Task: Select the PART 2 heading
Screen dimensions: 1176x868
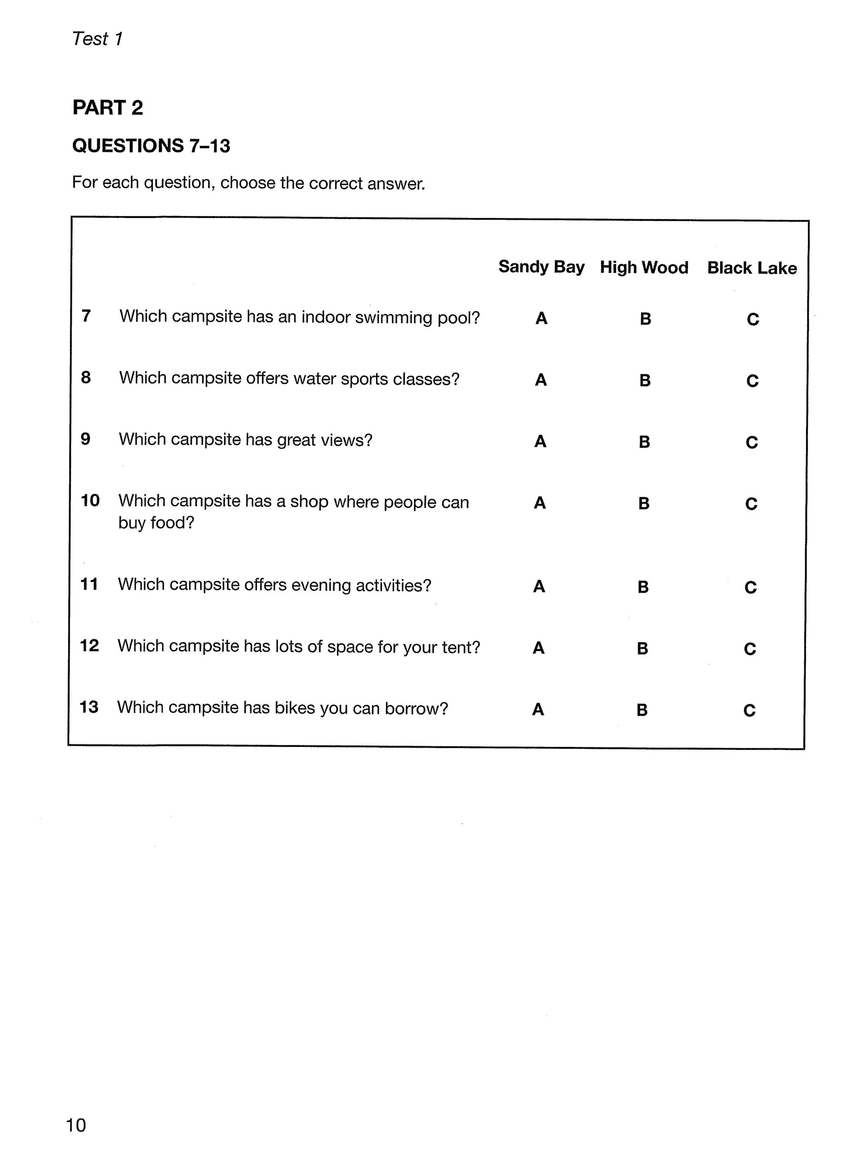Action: click(108, 108)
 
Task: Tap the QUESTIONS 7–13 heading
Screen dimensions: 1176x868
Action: click(151, 145)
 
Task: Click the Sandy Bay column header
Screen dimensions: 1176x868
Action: click(541, 267)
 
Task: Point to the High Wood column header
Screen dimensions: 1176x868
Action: click(644, 268)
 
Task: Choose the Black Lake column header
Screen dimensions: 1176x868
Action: click(752, 268)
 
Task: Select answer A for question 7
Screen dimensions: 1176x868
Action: click(541, 318)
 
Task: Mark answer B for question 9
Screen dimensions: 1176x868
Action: click(645, 442)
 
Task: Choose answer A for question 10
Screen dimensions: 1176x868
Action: click(540, 503)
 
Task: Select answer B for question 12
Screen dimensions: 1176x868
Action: click(643, 649)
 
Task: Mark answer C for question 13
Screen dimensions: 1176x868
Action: click(750, 711)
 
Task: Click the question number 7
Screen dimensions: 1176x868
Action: click(86, 316)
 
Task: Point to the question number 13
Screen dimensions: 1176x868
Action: click(89, 707)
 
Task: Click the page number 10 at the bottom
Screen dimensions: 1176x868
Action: click(76, 1125)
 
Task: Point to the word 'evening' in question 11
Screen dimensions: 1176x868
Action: click(320, 585)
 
